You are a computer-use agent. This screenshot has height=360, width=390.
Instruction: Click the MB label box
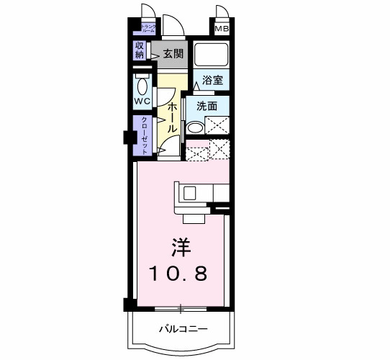[221, 29]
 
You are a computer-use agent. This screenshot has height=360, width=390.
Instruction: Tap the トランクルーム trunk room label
[148, 30]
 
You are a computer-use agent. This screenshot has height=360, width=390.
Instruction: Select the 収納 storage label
[140, 50]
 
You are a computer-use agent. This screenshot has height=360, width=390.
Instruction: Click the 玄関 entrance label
[173, 53]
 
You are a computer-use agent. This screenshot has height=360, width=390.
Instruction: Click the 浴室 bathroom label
[212, 81]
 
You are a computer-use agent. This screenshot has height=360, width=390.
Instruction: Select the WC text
[142, 102]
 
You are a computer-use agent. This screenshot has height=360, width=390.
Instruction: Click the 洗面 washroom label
[207, 105]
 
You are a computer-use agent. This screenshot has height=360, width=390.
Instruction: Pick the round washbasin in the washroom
[194, 129]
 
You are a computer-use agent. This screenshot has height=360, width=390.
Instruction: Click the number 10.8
[180, 274]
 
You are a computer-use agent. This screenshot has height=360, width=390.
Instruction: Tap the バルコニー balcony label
[183, 329]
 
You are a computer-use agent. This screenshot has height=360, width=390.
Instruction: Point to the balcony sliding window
[181, 309]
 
